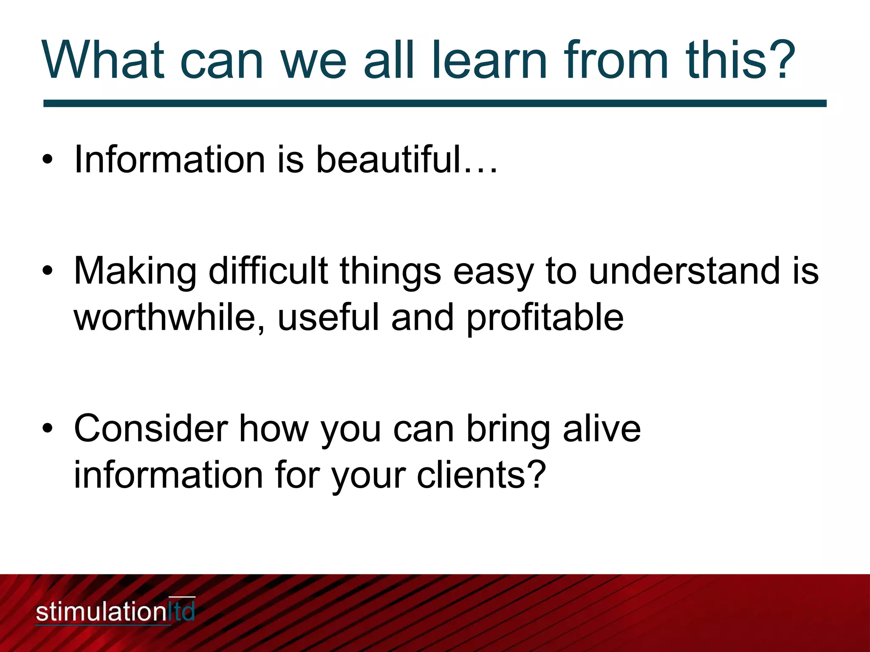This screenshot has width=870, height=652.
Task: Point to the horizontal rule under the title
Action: tap(435, 104)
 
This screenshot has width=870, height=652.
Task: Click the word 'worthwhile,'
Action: tap(170, 317)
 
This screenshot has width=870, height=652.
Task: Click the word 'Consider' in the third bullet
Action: tap(151, 429)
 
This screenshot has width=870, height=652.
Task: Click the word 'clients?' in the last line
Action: tap(480, 475)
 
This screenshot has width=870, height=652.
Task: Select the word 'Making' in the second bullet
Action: tap(135, 272)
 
